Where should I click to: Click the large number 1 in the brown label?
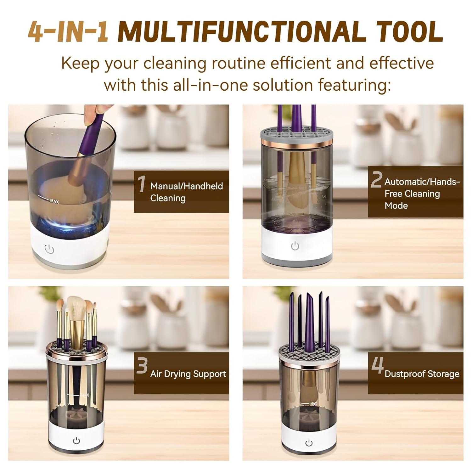[142, 184]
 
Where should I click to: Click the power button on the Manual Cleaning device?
[49, 249]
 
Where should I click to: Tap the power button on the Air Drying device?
[76, 441]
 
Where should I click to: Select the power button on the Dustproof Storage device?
[309, 443]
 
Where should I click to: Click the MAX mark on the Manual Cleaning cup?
[54, 201]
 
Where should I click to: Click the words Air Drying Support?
[188, 374]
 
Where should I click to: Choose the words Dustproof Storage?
[422, 374]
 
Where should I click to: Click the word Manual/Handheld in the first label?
[186, 186]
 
